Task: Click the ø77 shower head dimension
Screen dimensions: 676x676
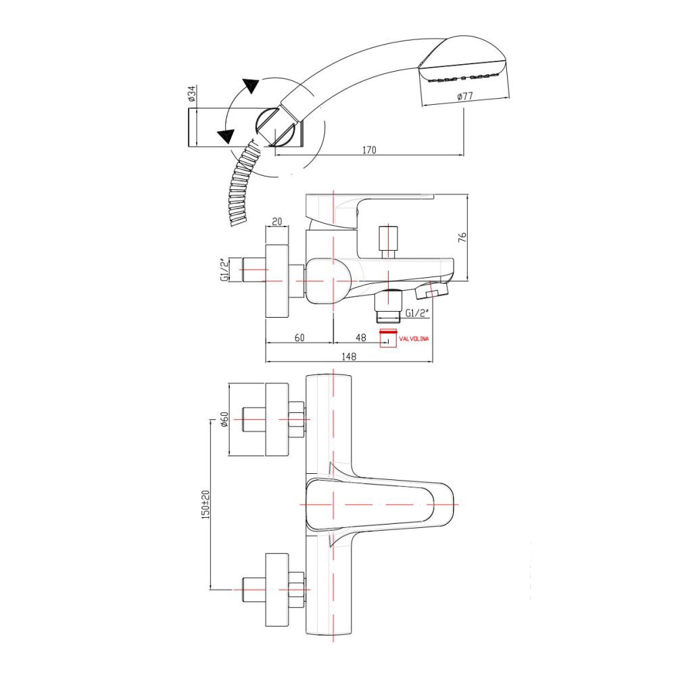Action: point(465,96)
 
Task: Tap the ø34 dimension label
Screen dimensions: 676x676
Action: point(192,93)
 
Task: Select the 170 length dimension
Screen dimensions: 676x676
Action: point(369,150)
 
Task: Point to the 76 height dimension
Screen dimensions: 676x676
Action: point(462,237)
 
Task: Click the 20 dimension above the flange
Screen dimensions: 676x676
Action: point(276,222)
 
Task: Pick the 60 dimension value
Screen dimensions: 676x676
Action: point(299,337)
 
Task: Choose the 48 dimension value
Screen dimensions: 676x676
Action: point(361,337)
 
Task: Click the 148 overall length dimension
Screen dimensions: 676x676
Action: point(349,356)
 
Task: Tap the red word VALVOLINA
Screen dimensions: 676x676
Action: point(414,339)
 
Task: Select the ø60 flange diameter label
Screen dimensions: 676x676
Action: point(224,419)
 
